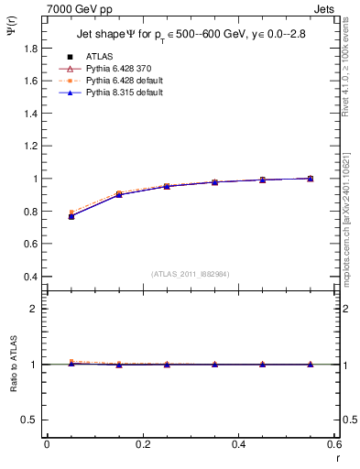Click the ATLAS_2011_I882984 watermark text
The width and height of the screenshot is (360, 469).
(x=190, y=274)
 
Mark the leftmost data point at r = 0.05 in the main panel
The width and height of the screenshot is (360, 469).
(x=71, y=216)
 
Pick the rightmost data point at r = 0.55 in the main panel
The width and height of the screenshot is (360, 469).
(x=311, y=179)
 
